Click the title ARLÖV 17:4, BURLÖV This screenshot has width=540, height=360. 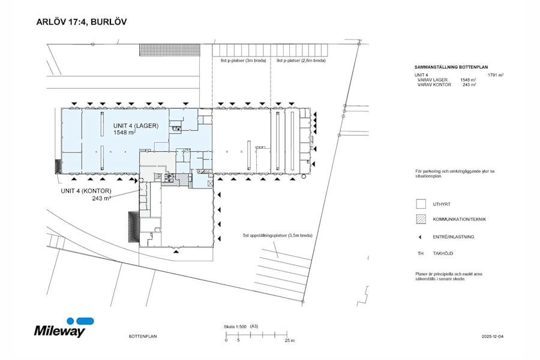[x=82, y=22]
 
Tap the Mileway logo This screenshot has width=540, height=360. [x=60, y=328]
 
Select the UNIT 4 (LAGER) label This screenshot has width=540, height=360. [x=135, y=125]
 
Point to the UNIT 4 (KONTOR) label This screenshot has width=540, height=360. [x=86, y=191]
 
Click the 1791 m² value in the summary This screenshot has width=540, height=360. [x=495, y=75]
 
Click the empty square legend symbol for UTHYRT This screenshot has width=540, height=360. [x=421, y=204]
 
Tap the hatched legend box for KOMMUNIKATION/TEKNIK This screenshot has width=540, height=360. [x=421, y=219]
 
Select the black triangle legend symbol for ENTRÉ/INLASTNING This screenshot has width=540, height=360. [x=421, y=237]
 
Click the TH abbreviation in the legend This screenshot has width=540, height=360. [x=421, y=254]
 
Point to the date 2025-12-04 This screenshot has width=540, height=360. [x=493, y=337]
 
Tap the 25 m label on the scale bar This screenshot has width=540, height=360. [x=290, y=340]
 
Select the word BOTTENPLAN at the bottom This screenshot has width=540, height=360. [x=143, y=337]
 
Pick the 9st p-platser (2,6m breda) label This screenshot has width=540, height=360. [x=301, y=61]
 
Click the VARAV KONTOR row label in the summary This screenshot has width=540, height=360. [x=433, y=85]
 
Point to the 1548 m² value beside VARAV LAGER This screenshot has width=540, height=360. [x=468, y=80]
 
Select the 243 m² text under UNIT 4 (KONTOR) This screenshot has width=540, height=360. [x=102, y=198]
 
